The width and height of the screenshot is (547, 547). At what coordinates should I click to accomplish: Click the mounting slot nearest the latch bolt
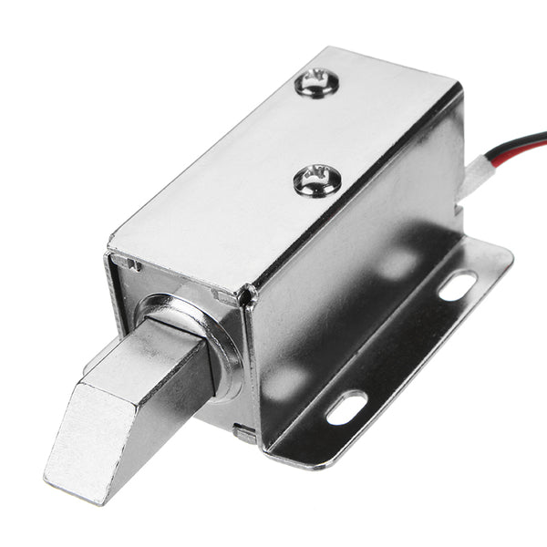coord(346,407)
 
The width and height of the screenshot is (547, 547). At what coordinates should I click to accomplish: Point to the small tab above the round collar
coord(219,297)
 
